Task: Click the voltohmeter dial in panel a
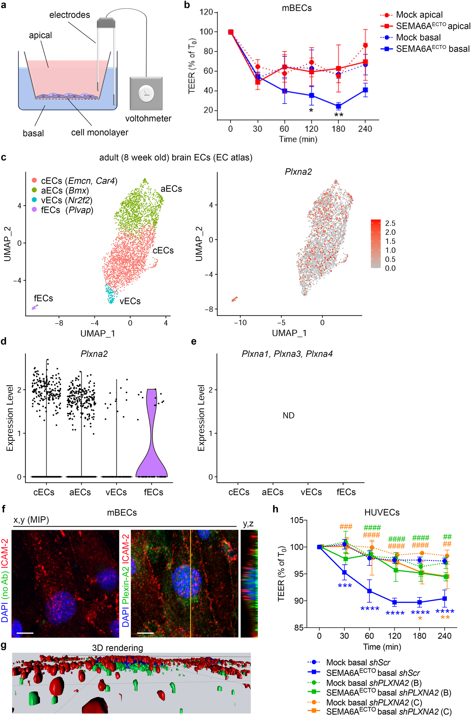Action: coord(146,93)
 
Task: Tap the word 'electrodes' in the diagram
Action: coord(69,15)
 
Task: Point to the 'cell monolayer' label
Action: coord(100,132)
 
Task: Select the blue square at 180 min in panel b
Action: coord(338,106)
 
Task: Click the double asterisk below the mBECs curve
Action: coord(338,115)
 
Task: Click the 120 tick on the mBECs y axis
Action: coord(206,12)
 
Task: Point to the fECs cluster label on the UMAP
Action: coord(43,298)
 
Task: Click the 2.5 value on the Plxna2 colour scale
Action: coord(390,223)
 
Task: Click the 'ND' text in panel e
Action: coord(288,416)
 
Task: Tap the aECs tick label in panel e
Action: coord(273,492)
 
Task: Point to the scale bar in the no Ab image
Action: coord(25,633)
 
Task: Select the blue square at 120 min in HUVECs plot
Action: coord(394,602)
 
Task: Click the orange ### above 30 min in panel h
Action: coord(346,527)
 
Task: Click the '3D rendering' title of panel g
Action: coord(117,648)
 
